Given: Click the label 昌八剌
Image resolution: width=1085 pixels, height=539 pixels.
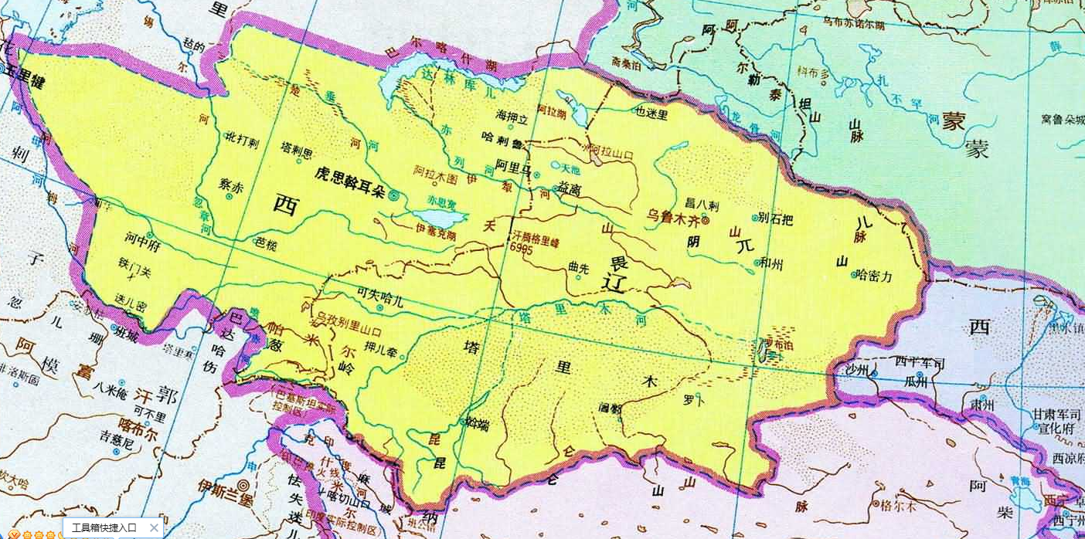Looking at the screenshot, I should pos(702,205).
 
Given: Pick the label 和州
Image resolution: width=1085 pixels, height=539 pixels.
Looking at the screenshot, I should pos(771,264).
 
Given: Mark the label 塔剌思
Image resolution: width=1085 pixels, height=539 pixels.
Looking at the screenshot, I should pos(297,150).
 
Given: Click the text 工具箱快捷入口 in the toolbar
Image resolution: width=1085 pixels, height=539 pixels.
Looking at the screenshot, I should pos(104,528).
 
